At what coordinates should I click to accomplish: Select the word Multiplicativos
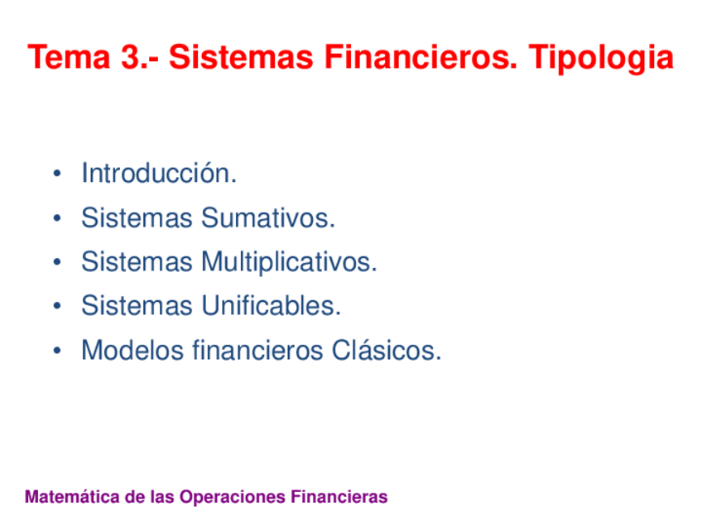pos(289,263)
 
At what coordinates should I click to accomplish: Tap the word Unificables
pos(271,306)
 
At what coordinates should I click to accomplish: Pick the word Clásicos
pos(387,351)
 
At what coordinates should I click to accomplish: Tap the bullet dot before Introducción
pos(55,175)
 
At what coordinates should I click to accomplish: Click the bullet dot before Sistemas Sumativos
pos(55,219)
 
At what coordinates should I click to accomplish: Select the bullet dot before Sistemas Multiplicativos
pos(55,264)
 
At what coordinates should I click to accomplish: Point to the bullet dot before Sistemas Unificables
pos(55,307)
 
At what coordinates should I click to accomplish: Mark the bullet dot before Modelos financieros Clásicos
pos(55,351)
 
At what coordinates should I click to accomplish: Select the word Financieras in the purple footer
pos(339,497)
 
